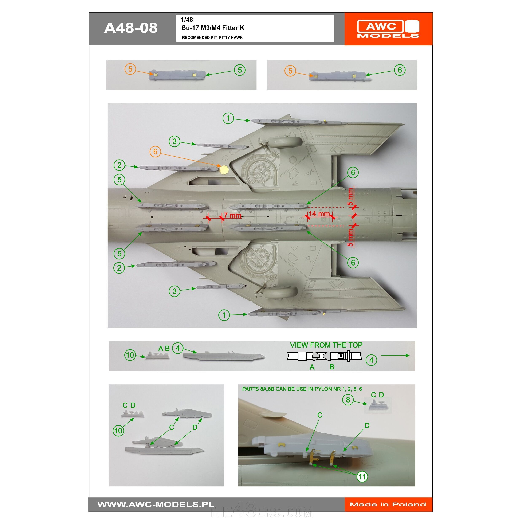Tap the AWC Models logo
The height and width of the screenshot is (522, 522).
[388, 28]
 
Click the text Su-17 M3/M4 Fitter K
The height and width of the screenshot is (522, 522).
[213, 28]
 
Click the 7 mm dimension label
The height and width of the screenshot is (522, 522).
[232, 215]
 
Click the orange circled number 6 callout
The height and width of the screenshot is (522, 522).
[155, 152]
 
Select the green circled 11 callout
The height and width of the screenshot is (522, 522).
[362, 477]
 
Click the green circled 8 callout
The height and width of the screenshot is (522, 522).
[348, 400]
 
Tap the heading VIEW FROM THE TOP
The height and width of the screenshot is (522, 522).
[326, 345]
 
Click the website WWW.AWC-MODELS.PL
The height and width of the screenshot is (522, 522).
[156, 505]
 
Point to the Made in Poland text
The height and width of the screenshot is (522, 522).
[388, 505]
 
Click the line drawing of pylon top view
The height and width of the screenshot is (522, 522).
[324, 356]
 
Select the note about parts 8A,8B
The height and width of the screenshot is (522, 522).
[302, 389]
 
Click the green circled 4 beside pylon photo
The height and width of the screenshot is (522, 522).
[177, 348]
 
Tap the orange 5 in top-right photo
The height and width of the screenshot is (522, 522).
[290, 71]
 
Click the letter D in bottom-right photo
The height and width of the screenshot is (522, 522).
[367, 425]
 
